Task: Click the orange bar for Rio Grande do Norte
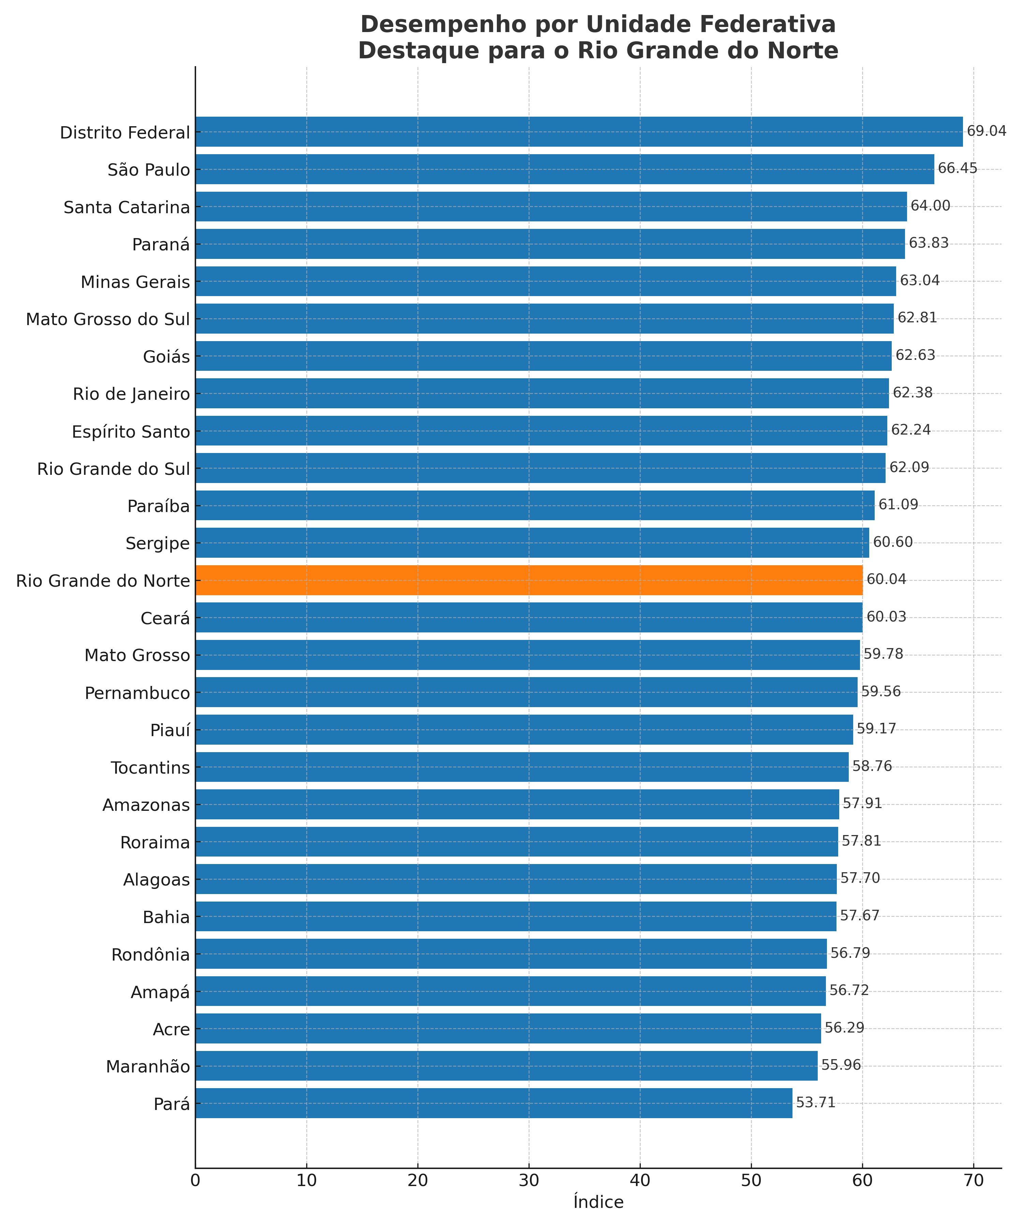pos(529,580)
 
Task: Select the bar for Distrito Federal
pos(579,132)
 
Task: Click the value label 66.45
pos(957,169)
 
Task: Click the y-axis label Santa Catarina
pos(127,208)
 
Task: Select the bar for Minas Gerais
pos(545,281)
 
